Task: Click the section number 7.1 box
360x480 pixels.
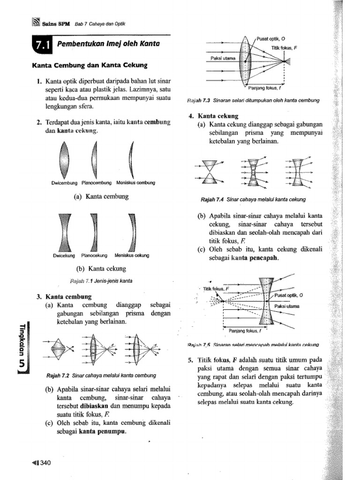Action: coord(42,45)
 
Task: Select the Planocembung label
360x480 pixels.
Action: coord(97,182)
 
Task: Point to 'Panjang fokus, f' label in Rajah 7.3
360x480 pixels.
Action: coord(263,88)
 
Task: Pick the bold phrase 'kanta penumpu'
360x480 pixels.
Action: coord(103,431)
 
